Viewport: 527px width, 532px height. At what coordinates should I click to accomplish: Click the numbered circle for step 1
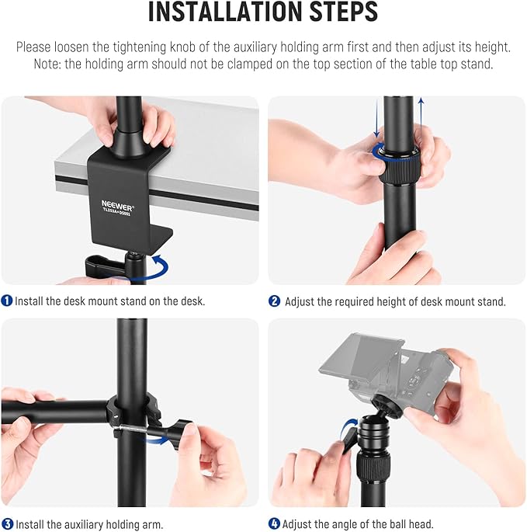7,301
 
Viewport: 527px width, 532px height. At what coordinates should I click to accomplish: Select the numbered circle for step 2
274,301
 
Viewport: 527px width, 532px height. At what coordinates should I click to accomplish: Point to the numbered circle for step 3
7,524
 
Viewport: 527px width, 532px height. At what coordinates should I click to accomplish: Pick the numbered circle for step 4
274,524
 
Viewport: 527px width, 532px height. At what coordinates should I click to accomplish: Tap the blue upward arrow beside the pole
421,116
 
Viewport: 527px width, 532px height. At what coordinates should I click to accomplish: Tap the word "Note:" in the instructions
50,64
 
